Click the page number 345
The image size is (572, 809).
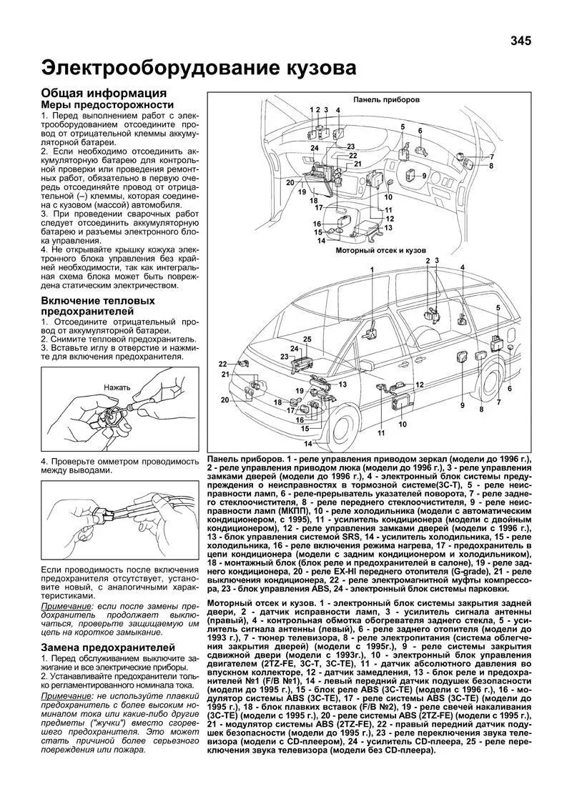pos(521,41)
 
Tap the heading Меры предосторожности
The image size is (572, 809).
pos(107,105)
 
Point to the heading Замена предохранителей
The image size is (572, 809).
pos(107,647)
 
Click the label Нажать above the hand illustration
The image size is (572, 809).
pos(117,387)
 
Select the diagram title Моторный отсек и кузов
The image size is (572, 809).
pos(380,252)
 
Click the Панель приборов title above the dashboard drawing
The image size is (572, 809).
pos(385,99)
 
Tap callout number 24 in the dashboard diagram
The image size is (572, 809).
pos(315,148)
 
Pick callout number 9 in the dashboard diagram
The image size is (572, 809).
pos(424,175)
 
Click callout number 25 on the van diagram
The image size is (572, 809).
pos(307,338)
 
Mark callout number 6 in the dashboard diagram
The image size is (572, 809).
pos(420,131)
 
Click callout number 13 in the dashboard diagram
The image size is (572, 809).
pos(389,227)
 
